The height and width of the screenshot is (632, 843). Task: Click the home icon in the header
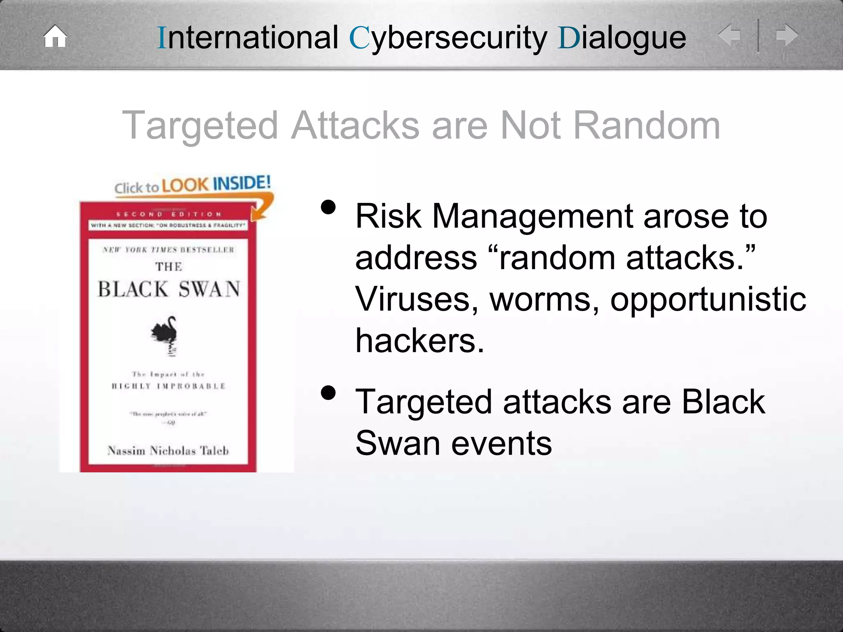[55, 37]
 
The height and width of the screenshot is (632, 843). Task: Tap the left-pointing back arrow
[729, 35]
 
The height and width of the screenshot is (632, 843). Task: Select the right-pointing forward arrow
[787, 35]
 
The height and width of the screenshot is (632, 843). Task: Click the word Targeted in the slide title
[200, 126]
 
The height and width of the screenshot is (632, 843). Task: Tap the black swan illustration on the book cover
[165, 332]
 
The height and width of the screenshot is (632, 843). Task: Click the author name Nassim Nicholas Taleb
[168, 451]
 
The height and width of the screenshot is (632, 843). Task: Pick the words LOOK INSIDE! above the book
[216, 184]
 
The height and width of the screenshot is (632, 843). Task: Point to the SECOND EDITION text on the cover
[169, 214]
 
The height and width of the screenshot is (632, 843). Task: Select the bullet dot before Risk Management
[328, 208]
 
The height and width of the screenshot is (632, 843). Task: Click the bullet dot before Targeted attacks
[328, 393]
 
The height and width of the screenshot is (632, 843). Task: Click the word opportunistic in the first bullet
[708, 299]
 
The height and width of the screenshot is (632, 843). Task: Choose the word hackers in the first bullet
[419, 341]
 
